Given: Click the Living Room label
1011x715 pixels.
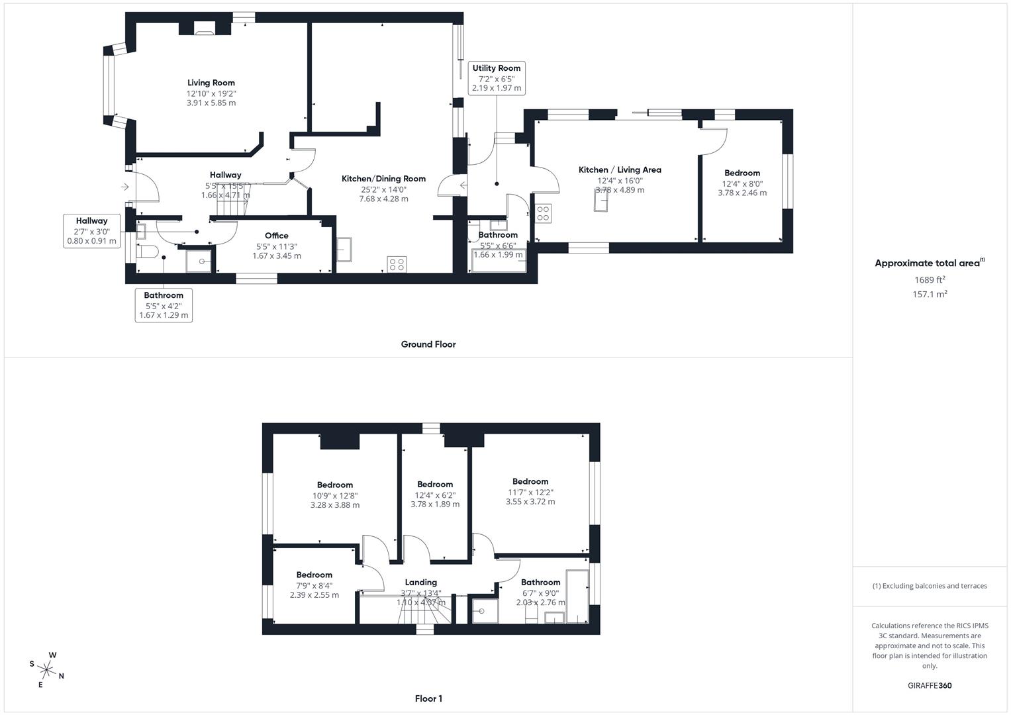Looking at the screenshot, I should (211, 83).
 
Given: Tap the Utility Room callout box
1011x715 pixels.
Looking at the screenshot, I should (497, 77).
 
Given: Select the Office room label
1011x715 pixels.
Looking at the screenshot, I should (277, 236).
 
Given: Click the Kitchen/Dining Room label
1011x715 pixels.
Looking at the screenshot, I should (383, 179).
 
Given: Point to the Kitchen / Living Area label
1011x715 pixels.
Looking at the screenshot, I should (620, 170).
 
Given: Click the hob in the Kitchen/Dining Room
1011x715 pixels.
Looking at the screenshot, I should (397, 265).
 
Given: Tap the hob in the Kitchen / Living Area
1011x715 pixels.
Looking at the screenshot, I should (543, 213).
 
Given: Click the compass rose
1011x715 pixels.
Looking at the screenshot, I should (47, 669).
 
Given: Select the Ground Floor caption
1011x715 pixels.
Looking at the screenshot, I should (428, 344).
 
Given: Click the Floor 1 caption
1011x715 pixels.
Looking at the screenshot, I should (428, 698).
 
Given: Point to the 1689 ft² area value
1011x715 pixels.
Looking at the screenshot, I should (930, 280).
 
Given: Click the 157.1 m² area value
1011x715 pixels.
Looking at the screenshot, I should (930, 295).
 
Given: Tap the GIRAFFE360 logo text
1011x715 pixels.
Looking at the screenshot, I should (930, 686).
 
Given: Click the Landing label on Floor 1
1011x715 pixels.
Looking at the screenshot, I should (421, 583).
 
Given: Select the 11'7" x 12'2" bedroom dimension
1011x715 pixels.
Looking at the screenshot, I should (530, 492).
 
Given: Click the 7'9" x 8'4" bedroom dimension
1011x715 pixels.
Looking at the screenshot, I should (314, 585).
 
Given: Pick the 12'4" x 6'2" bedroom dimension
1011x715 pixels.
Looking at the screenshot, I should (435, 495).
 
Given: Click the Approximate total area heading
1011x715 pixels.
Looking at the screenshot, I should (930, 263).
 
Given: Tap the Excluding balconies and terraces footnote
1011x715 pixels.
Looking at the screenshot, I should (930, 586).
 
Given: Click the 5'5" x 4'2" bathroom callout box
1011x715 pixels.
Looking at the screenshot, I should (164, 306).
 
